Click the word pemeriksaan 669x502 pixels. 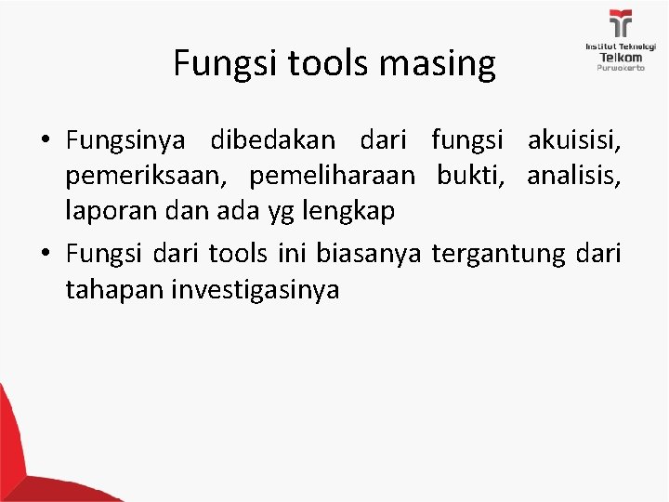(146, 177)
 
